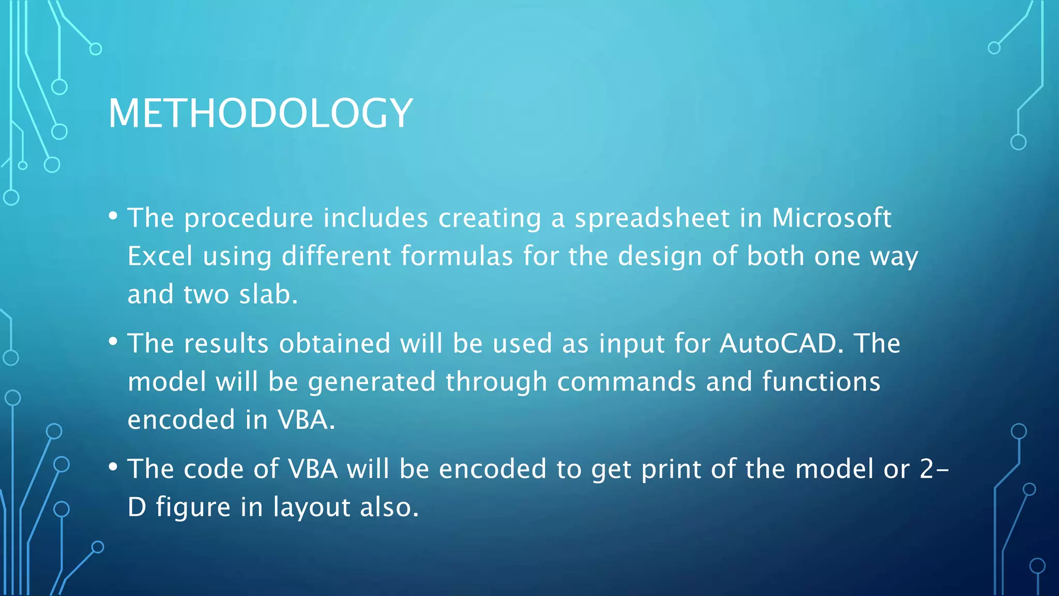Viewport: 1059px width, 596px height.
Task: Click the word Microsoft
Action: (x=831, y=218)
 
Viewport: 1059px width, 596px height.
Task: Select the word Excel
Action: (x=160, y=256)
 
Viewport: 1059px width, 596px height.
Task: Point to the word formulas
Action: (x=457, y=256)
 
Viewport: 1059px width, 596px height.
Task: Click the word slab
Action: (x=268, y=294)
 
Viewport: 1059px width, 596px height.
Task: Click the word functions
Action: (x=821, y=382)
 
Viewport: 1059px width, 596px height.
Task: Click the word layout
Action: (x=312, y=507)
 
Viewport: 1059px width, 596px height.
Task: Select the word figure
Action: (x=193, y=507)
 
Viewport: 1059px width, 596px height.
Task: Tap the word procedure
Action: (x=249, y=218)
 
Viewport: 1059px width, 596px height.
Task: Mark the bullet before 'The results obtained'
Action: (x=113, y=341)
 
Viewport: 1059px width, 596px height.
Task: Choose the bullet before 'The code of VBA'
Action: (x=113, y=467)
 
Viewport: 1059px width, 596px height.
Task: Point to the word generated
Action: (x=372, y=382)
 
